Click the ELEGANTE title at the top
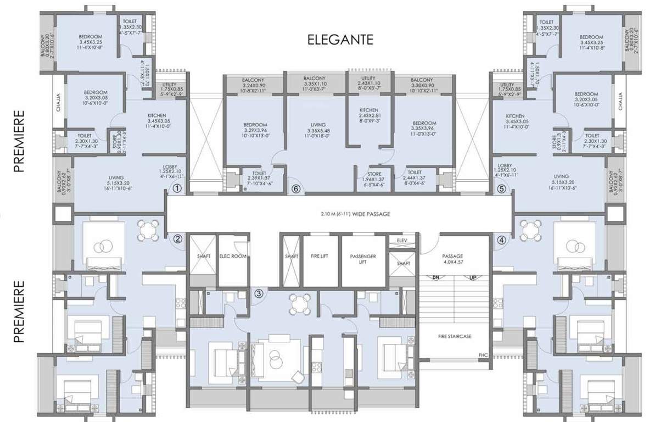340,40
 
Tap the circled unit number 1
177,188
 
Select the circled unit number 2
177,239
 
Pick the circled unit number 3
501,239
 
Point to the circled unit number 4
501,188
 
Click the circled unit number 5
296,188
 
